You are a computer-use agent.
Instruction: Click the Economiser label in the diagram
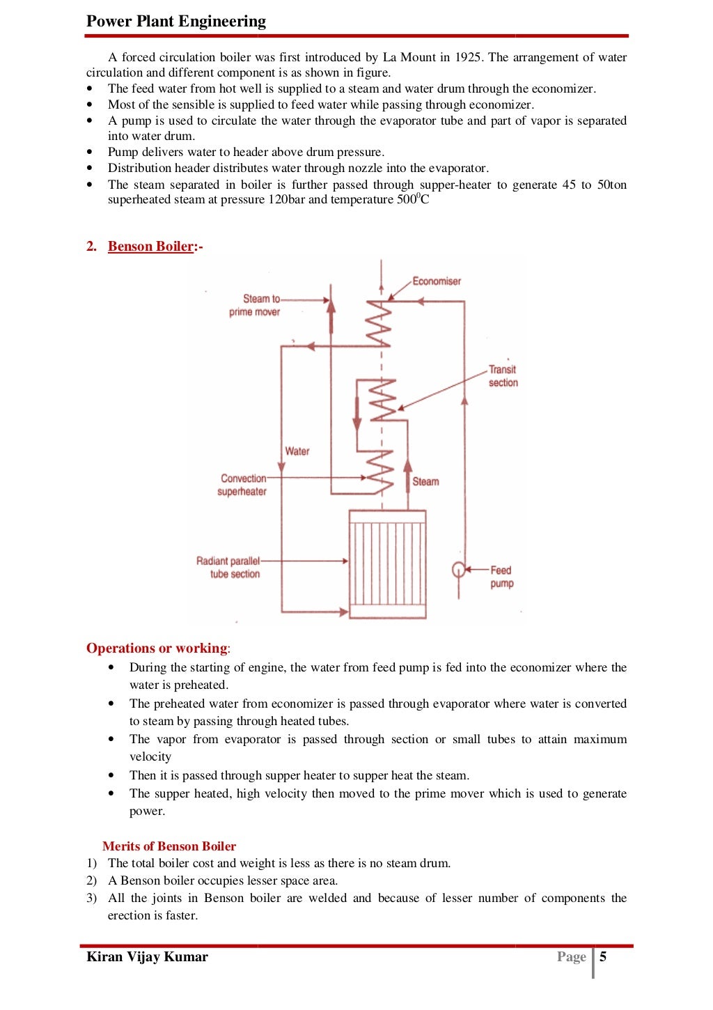(x=437, y=281)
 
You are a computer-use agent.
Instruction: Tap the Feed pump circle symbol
(x=458, y=570)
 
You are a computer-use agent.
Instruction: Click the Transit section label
(x=503, y=376)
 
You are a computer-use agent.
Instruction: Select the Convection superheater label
(x=243, y=485)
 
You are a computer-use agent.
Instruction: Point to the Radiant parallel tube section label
(x=229, y=567)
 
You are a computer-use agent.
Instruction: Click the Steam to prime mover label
(x=256, y=305)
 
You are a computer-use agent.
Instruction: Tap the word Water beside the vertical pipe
(x=297, y=451)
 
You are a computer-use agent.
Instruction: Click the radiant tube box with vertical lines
(x=387, y=564)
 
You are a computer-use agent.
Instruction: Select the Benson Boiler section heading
(x=150, y=246)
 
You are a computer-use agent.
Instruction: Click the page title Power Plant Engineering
(x=176, y=21)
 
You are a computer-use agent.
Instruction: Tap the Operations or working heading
(x=157, y=648)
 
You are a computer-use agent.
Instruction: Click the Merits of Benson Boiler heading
(x=169, y=846)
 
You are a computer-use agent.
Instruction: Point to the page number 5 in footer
(x=603, y=956)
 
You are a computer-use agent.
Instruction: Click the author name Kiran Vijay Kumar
(x=147, y=956)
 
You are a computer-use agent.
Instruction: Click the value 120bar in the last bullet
(x=286, y=200)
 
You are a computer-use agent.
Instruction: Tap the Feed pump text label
(x=501, y=577)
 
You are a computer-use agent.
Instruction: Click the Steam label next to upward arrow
(x=425, y=481)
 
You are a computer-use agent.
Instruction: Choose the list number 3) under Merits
(x=91, y=898)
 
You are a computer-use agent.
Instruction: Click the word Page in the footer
(x=571, y=956)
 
